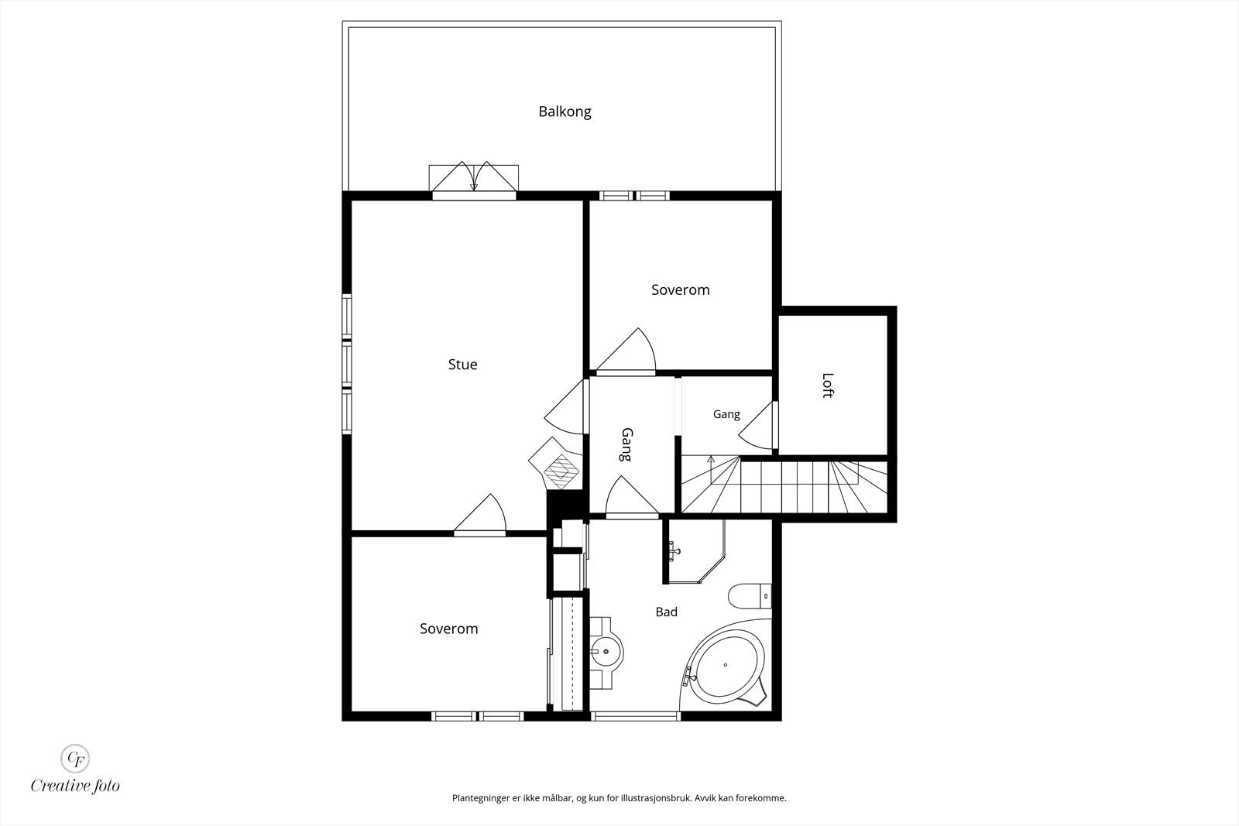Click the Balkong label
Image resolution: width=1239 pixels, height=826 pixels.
tap(565, 111)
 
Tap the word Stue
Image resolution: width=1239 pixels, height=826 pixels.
tap(462, 365)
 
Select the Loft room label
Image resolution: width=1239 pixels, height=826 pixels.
tap(828, 386)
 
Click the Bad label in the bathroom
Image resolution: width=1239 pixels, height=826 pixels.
tap(666, 612)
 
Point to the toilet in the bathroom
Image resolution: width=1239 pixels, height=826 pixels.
tap(750, 596)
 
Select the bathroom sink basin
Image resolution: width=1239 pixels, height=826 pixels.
tap(606, 652)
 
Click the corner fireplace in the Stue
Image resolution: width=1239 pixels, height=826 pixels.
tap(557, 464)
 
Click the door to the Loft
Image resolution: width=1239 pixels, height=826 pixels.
tap(759, 424)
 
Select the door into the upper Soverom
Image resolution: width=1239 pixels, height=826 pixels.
tap(626, 352)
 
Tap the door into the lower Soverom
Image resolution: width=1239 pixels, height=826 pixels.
tap(480, 515)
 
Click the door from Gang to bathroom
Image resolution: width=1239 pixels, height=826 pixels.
tap(632, 497)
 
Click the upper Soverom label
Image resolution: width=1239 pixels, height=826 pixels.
tap(681, 290)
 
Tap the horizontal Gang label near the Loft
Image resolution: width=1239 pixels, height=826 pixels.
tap(726, 414)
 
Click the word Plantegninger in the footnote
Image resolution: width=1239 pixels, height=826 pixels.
tap(479, 798)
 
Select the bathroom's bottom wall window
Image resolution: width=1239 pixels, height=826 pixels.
tap(636, 716)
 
